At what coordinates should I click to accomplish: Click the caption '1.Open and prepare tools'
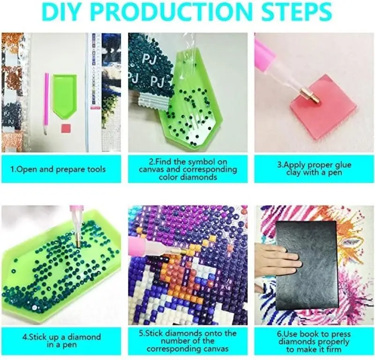(x=58, y=169)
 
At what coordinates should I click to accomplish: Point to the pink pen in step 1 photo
(x=46, y=104)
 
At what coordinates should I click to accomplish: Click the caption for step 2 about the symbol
(x=188, y=169)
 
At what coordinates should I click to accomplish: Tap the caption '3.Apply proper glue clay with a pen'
(x=314, y=169)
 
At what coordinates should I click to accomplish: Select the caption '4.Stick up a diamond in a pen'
(x=62, y=341)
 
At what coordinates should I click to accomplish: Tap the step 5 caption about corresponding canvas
(x=188, y=341)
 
